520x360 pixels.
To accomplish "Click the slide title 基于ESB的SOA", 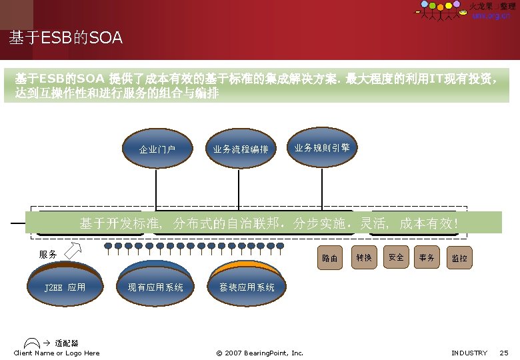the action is (x=65, y=39).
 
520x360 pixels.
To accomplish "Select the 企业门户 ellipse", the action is (x=157, y=149).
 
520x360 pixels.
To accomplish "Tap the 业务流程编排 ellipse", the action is (x=241, y=149).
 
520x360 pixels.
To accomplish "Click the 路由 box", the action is (x=330, y=258).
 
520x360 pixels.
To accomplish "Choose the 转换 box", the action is (x=364, y=257).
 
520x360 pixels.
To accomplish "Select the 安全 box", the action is (x=396, y=257).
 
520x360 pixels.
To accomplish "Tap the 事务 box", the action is (x=427, y=257).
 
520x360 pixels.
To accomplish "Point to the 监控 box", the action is (x=459, y=258).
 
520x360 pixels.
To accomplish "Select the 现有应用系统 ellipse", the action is (x=155, y=287).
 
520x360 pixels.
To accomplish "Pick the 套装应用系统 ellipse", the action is (x=247, y=287).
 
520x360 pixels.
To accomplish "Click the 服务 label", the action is (x=48, y=255).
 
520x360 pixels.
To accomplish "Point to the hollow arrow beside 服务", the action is (x=73, y=251).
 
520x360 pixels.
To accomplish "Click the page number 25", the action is (x=503, y=353).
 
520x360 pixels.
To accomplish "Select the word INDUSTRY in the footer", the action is (x=469, y=353).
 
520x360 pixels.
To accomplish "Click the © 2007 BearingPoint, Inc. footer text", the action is (x=260, y=353).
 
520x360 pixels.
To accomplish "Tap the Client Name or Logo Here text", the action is (x=57, y=353).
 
